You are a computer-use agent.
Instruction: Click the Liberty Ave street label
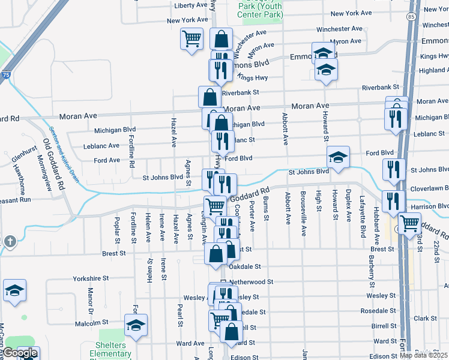coord(190,5)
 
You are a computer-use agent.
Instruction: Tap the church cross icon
coord(9,241)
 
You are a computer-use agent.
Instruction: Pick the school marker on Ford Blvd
coord(338,158)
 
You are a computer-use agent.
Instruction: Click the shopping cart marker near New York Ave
coord(191,39)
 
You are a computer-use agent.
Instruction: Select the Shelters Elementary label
coord(110,350)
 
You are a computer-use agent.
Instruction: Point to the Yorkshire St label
coord(91,279)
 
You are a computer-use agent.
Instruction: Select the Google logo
coord(20,353)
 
